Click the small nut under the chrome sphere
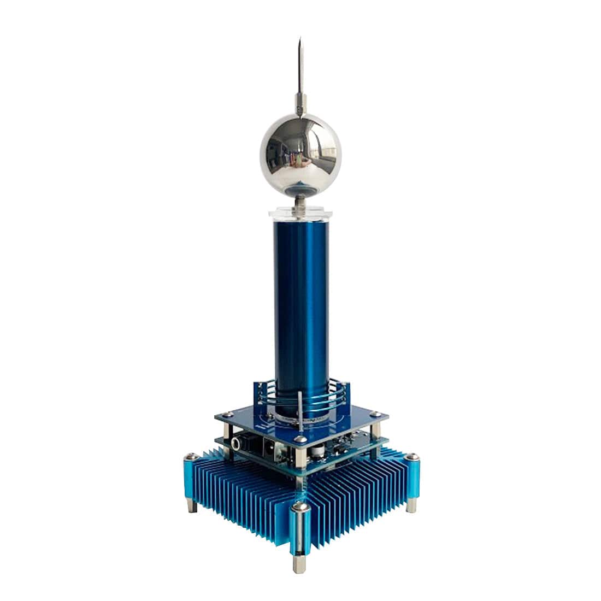coord(300,203)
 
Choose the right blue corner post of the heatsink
coord(413,475)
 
